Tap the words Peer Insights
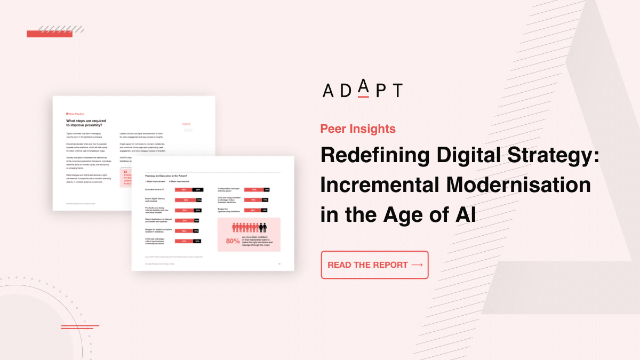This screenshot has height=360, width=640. pos(358,129)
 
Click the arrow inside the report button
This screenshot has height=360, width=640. pos(417,265)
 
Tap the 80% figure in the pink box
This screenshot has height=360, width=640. pos(233,241)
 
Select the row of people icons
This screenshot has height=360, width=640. pos(249,228)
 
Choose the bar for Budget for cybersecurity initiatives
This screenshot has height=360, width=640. pos(256,211)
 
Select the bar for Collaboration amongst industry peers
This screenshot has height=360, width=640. pos(256,189)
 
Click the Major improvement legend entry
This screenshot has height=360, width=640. pos(180,181)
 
